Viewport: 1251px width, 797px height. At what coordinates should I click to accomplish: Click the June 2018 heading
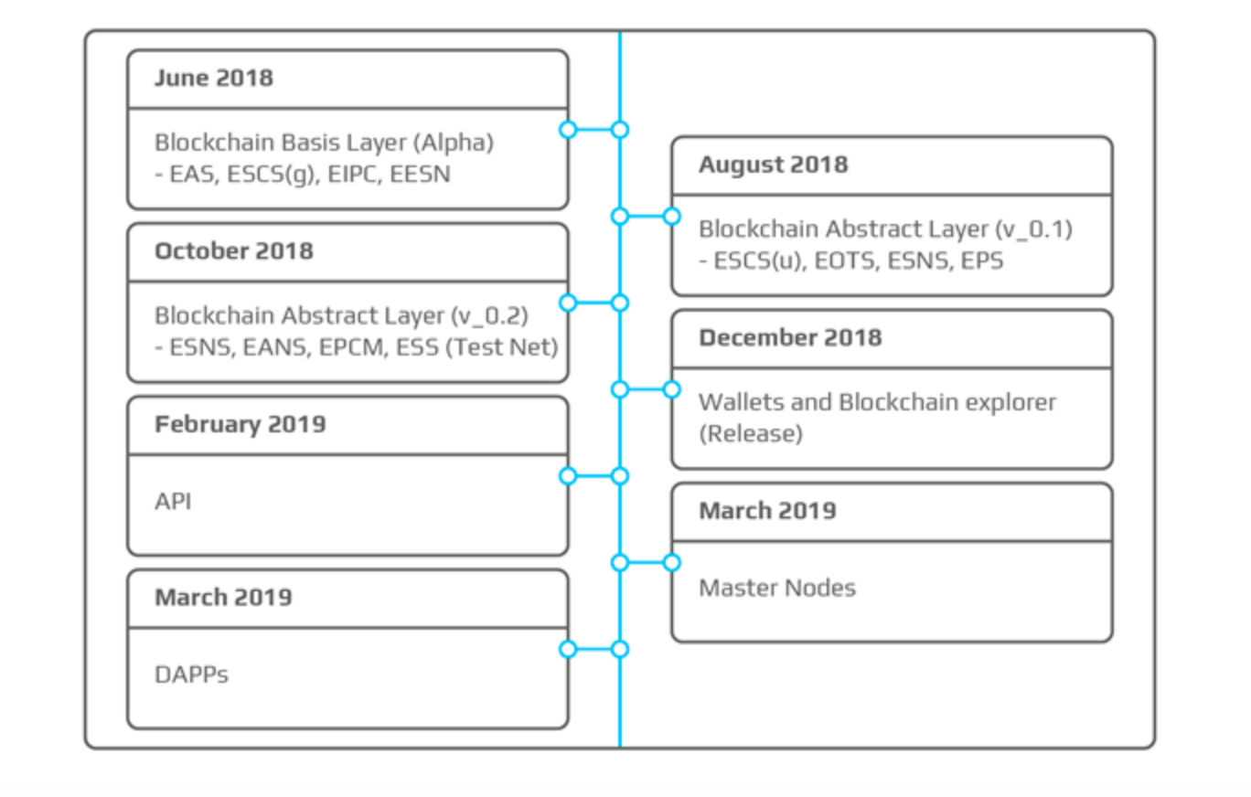[214, 78]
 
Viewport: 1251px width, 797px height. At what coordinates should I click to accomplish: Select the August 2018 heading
[774, 165]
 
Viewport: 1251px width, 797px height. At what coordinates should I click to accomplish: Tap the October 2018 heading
[234, 251]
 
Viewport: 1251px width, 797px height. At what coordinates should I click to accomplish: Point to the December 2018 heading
[790, 337]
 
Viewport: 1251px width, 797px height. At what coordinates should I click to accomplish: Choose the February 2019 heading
[241, 424]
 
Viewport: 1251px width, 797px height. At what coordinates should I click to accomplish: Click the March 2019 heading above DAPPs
[223, 597]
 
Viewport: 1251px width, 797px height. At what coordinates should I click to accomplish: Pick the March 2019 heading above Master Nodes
[768, 511]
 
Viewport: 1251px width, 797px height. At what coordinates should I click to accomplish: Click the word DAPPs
[191, 675]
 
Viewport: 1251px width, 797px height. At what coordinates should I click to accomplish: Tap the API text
[173, 501]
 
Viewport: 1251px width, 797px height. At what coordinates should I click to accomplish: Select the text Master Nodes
[777, 588]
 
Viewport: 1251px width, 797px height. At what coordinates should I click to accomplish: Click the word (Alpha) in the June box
[454, 143]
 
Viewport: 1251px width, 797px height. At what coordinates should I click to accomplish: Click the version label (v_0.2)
[490, 316]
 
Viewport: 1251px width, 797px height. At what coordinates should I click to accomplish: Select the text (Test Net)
[502, 347]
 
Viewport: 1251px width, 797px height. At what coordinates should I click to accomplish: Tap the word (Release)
[751, 433]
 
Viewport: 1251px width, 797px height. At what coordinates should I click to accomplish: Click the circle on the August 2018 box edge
[672, 217]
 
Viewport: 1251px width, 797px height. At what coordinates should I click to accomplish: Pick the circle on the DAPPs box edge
[568, 649]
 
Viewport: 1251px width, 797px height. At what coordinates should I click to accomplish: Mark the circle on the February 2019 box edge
[568, 476]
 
